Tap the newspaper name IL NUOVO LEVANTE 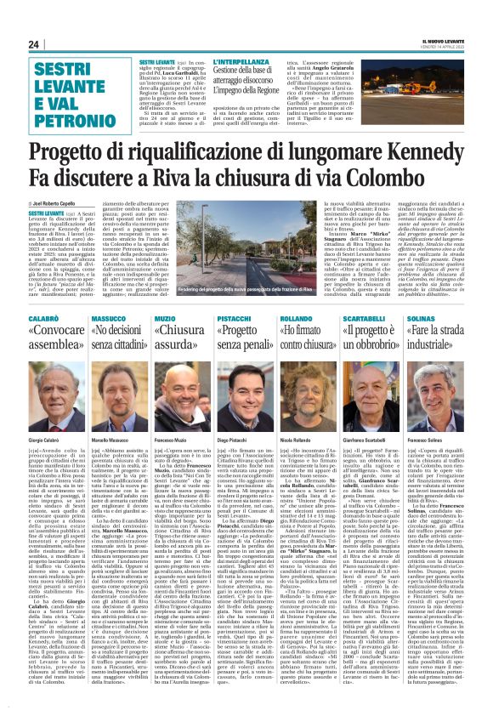coord(434,41)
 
